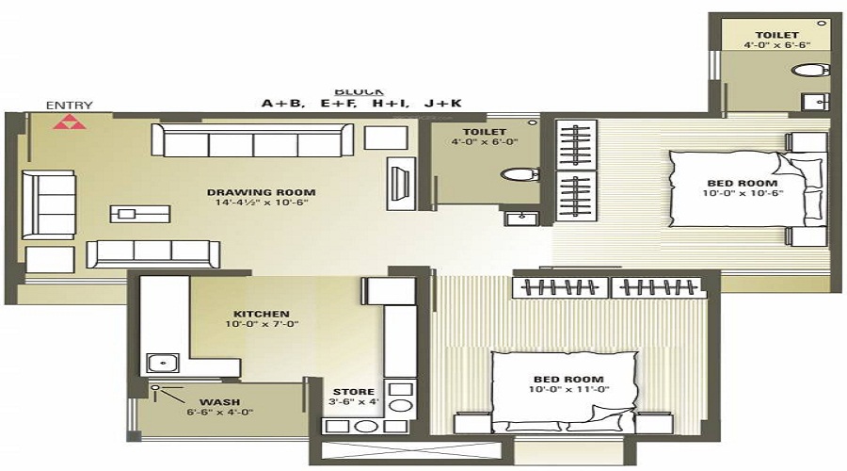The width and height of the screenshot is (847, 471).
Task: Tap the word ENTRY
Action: click(x=63, y=106)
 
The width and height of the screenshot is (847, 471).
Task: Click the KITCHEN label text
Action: click(x=262, y=314)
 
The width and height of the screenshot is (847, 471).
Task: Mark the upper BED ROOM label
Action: click(x=743, y=183)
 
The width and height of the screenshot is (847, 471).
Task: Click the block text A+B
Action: click(x=282, y=105)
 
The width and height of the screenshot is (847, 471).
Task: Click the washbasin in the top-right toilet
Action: click(x=812, y=101)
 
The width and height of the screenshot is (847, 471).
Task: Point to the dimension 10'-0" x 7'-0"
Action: click(x=262, y=325)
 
